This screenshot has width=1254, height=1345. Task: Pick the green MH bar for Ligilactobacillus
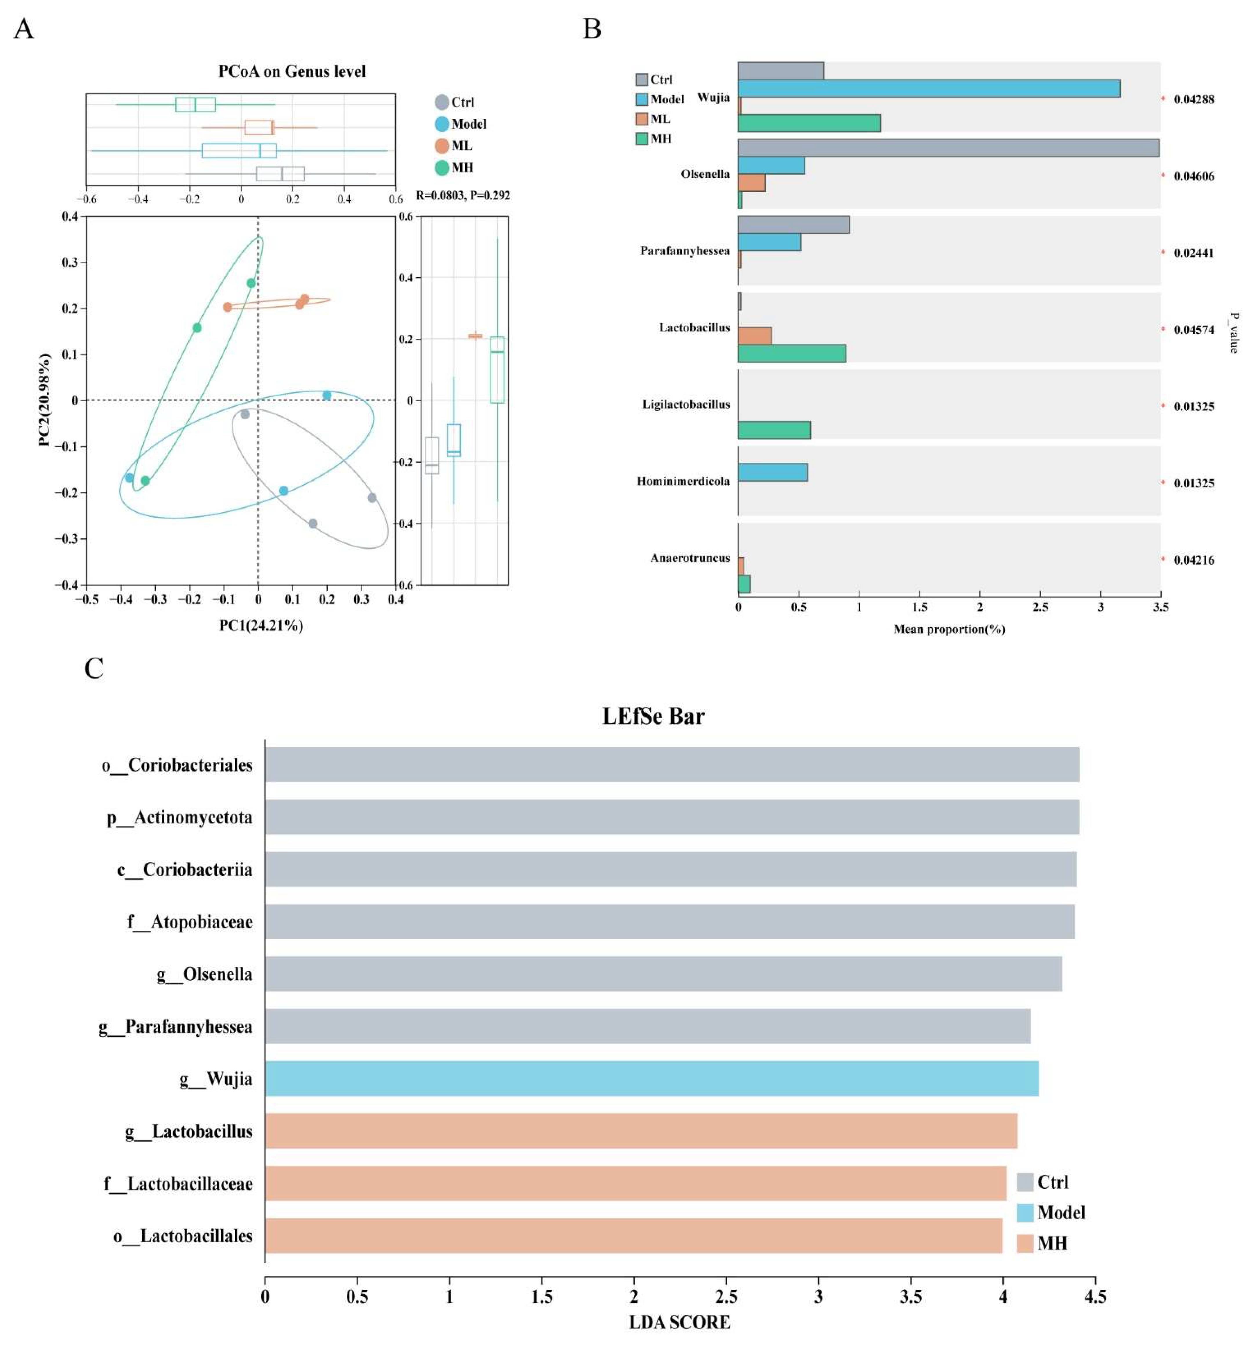(x=774, y=430)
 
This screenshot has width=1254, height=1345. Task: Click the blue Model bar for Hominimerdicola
(x=772, y=472)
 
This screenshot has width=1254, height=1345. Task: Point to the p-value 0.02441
(x=1194, y=253)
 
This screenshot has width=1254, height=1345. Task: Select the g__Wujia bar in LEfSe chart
(x=652, y=1078)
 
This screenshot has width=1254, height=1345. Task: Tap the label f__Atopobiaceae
(x=190, y=922)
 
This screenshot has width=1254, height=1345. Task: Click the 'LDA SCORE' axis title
(x=679, y=1322)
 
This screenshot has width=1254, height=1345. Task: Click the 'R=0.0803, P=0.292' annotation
(x=463, y=196)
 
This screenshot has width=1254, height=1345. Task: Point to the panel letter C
(x=94, y=668)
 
